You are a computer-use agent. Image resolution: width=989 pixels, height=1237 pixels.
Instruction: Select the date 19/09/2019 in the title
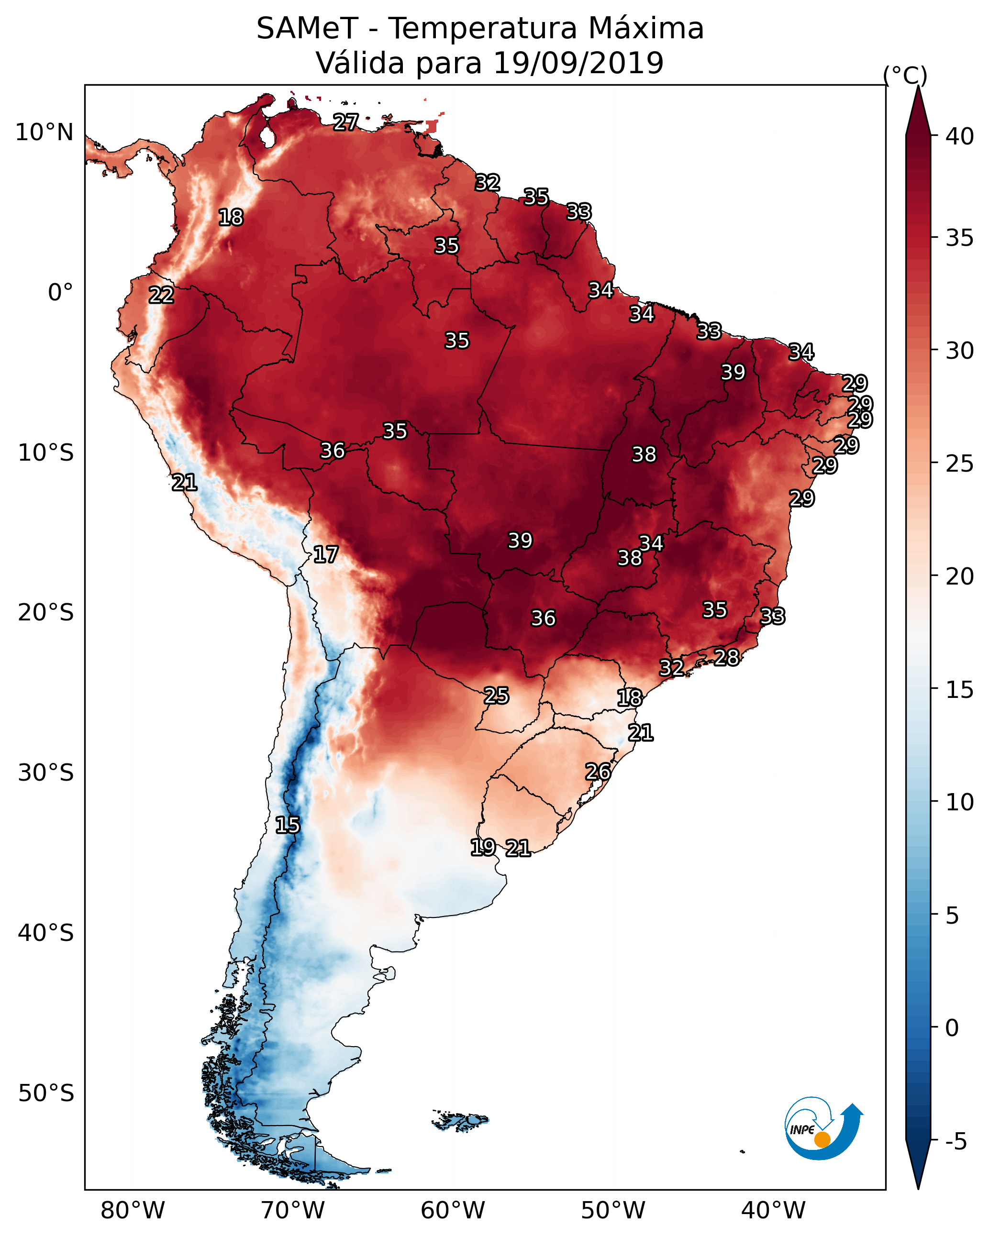(578, 63)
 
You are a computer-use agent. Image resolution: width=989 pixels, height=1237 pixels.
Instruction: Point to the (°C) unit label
(905, 75)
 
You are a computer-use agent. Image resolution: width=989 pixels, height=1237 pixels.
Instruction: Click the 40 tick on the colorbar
(960, 136)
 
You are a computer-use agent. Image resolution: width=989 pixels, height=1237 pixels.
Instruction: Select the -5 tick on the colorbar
(956, 1141)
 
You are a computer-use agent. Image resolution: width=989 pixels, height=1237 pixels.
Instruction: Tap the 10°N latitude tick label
(44, 133)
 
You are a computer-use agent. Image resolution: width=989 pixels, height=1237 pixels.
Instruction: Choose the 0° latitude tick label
(60, 293)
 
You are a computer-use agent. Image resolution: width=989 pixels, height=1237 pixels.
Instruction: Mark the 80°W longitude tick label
(133, 1211)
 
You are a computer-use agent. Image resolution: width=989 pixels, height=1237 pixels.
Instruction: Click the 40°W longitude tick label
(773, 1211)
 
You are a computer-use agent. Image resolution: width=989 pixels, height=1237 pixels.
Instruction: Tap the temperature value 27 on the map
(346, 122)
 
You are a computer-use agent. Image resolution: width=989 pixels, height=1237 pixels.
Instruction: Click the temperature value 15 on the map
(288, 825)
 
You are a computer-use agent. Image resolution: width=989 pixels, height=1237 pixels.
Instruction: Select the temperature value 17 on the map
(325, 555)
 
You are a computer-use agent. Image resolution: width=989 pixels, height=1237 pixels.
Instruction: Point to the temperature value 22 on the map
(161, 296)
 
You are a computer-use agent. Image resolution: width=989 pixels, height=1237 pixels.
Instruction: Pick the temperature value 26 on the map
(598, 772)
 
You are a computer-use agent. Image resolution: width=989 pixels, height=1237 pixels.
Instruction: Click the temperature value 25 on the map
(496, 696)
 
